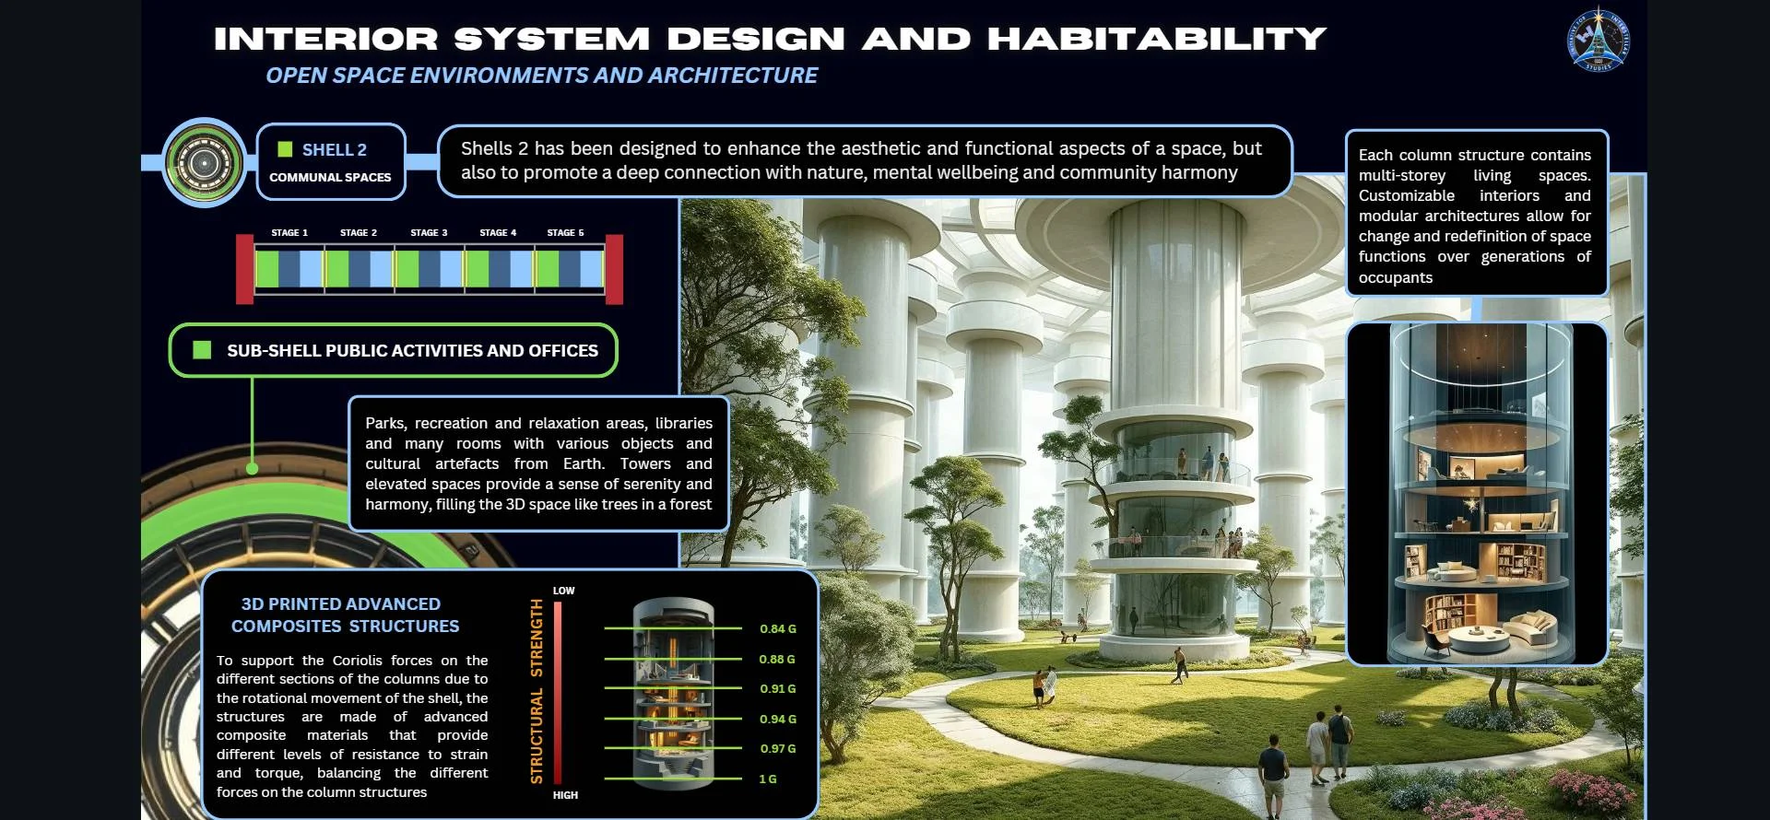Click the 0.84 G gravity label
pyautogui.click(x=778, y=629)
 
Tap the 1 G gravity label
pyautogui.click(x=768, y=779)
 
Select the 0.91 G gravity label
pyautogui.click(x=778, y=689)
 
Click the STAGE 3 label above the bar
pyautogui.click(x=429, y=233)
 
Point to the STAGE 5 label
pyautogui.click(x=565, y=233)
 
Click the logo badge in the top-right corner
pyautogui.click(x=1599, y=40)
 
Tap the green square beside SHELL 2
pyautogui.click(x=286, y=149)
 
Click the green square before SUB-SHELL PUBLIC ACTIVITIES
pyautogui.click(x=202, y=350)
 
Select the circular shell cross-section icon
pyautogui.click(x=204, y=163)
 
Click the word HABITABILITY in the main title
pyautogui.click(x=1157, y=39)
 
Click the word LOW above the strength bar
pyautogui.click(x=564, y=591)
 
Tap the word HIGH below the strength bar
pyautogui.click(x=565, y=795)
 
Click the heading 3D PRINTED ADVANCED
pyautogui.click(x=341, y=604)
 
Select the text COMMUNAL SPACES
pyautogui.click(x=330, y=177)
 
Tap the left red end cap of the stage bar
pyautogui.click(x=244, y=269)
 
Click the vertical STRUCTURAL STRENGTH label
pyautogui.click(x=537, y=691)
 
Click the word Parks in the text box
pyautogui.click(x=384, y=423)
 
